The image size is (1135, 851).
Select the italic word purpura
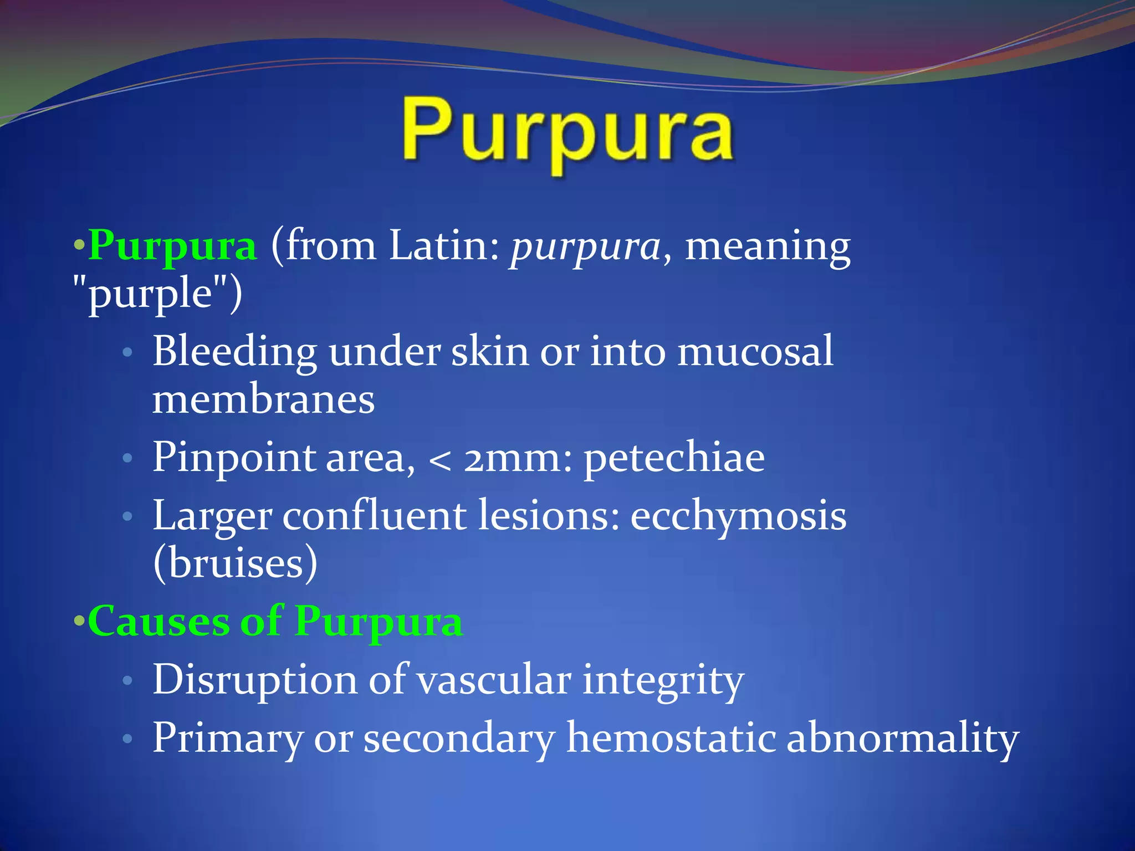[585, 247]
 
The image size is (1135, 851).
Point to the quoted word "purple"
[158, 294]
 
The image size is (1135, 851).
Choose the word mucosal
[755, 351]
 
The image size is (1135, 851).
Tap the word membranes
[263, 399]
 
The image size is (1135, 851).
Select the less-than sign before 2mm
[440, 460]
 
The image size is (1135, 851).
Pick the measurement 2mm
[518, 459]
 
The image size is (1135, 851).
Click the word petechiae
[674, 459]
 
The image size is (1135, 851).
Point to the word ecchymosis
[738, 517]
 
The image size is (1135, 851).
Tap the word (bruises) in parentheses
[236, 563]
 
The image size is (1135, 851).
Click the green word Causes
[159, 621]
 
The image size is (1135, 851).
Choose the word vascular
[494, 680]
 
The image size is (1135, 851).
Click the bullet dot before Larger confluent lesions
[127, 517]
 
